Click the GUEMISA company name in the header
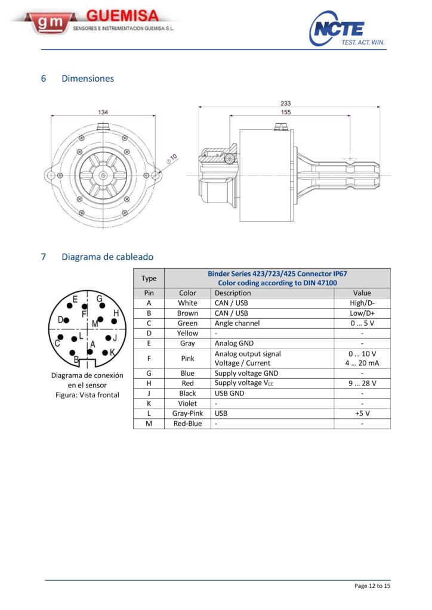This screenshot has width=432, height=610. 122,15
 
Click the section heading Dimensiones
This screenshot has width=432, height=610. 88,79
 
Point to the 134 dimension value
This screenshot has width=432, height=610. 103,112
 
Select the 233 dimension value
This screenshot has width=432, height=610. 286,103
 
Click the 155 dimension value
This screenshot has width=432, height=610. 286,112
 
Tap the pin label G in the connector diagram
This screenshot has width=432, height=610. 100,298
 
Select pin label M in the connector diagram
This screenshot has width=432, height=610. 95,323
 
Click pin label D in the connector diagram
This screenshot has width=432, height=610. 60,320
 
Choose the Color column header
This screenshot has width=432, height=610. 187,293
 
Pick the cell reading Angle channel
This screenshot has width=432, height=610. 237,323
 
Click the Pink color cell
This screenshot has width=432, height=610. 187,359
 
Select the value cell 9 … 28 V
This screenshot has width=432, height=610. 362,384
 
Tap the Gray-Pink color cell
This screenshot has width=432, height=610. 187,413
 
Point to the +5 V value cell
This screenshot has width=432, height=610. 362,413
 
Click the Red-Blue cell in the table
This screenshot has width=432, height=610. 187,424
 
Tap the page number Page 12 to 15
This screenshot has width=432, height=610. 372,586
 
